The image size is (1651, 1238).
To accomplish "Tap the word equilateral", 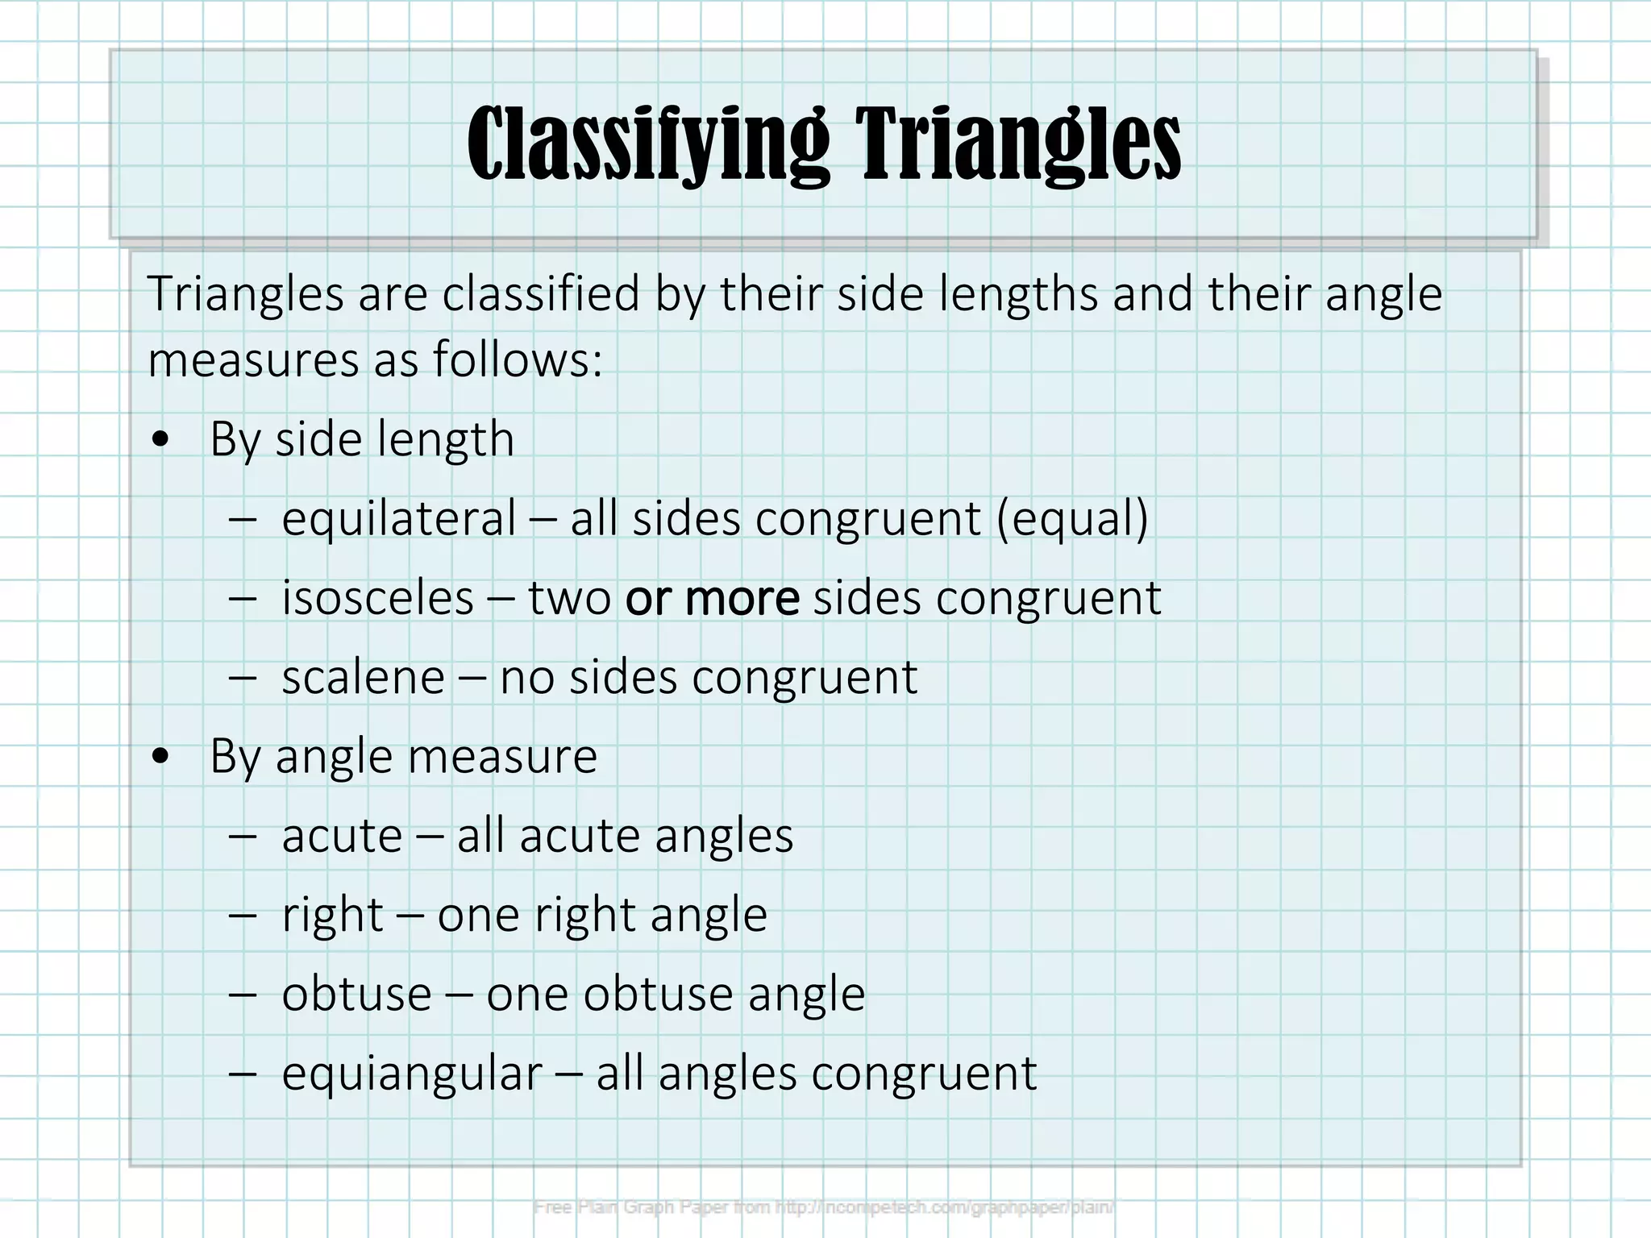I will click(398, 517).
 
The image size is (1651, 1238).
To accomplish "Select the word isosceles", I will click(377, 598).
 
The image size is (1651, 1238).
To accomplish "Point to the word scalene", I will click(363, 677).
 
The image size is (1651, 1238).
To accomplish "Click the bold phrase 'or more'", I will click(712, 598).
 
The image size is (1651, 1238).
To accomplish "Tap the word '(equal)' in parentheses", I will click(1072, 517).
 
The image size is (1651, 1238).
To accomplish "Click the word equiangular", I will click(412, 1074).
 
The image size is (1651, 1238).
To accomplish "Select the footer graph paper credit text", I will click(824, 1207).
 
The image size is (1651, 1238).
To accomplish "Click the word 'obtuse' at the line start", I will click(356, 994).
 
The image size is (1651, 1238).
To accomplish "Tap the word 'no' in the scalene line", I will click(527, 677).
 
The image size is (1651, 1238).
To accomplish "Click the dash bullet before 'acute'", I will click(242, 836).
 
